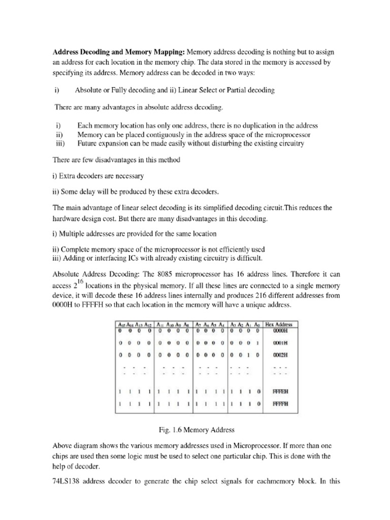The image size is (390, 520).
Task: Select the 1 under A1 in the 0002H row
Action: [250, 355]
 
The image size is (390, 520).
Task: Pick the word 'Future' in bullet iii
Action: [87, 144]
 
